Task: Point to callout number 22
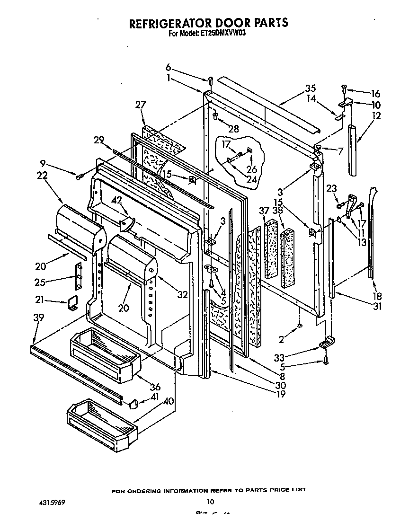42,175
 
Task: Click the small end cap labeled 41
133,403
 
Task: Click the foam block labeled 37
271,248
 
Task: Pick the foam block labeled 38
287,258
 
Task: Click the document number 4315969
50,502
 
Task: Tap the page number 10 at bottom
211,502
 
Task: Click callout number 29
98,140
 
